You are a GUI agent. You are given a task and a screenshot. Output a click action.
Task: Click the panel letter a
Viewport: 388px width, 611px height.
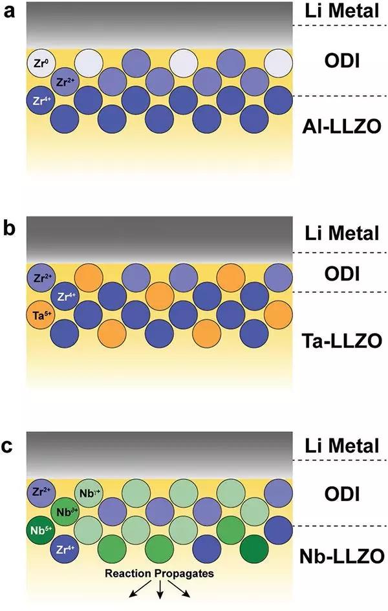pyautogui.click(x=9, y=12)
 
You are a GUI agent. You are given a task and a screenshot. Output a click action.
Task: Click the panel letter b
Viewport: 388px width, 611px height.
pyautogui.click(x=9, y=229)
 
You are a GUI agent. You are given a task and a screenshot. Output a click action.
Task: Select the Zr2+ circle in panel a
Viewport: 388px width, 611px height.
pyautogui.click(x=64, y=82)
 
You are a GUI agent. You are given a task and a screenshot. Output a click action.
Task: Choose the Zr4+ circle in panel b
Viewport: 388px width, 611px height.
pyautogui.click(x=64, y=297)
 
